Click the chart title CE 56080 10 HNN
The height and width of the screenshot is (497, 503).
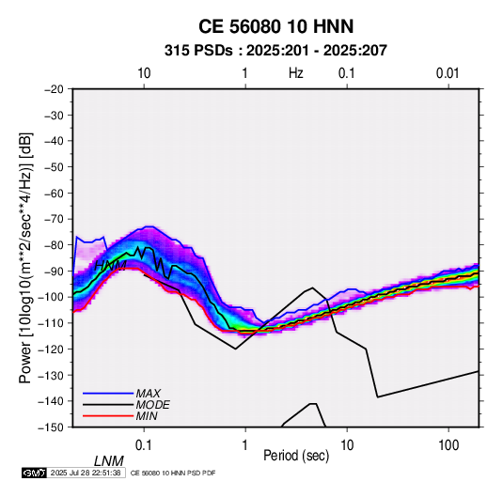click(275, 26)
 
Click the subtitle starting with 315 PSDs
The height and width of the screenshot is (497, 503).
click(275, 51)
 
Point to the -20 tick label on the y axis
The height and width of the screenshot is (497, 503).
click(54, 89)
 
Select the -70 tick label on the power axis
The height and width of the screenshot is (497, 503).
click(54, 219)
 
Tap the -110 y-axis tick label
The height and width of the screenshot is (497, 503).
click(51, 323)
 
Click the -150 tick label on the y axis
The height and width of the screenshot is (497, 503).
click(51, 427)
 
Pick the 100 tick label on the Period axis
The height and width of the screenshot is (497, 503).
click(448, 445)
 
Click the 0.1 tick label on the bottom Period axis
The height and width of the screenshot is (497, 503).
click(144, 445)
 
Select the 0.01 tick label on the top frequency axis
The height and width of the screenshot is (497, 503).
click(448, 73)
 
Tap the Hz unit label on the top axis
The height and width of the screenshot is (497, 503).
click(296, 73)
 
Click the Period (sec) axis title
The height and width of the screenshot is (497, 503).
click(296, 456)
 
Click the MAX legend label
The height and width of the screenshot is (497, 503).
click(149, 393)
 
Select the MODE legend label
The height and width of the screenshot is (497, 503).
click(152, 405)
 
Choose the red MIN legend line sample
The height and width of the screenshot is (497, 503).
click(108, 416)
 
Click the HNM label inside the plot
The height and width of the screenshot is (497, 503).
click(110, 266)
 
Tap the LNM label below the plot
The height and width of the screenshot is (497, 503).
click(109, 461)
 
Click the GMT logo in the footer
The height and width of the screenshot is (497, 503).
click(34, 473)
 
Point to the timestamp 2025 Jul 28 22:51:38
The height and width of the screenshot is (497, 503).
click(86, 473)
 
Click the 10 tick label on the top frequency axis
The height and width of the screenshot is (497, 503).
click(144, 73)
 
